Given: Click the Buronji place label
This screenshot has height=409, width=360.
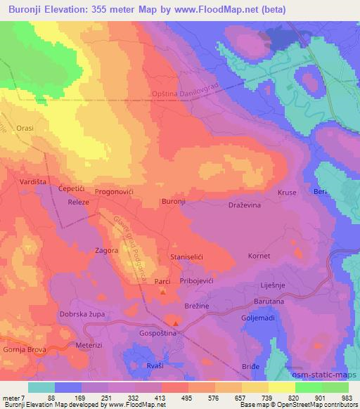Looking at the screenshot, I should pyautogui.click(x=174, y=202).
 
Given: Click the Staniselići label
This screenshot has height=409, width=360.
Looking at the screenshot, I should pyautogui.click(x=187, y=259).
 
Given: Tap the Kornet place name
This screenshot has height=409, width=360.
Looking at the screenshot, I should pyautogui.click(x=259, y=256).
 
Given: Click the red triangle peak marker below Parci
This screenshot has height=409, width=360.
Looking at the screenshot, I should pyautogui.click(x=163, y=291).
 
